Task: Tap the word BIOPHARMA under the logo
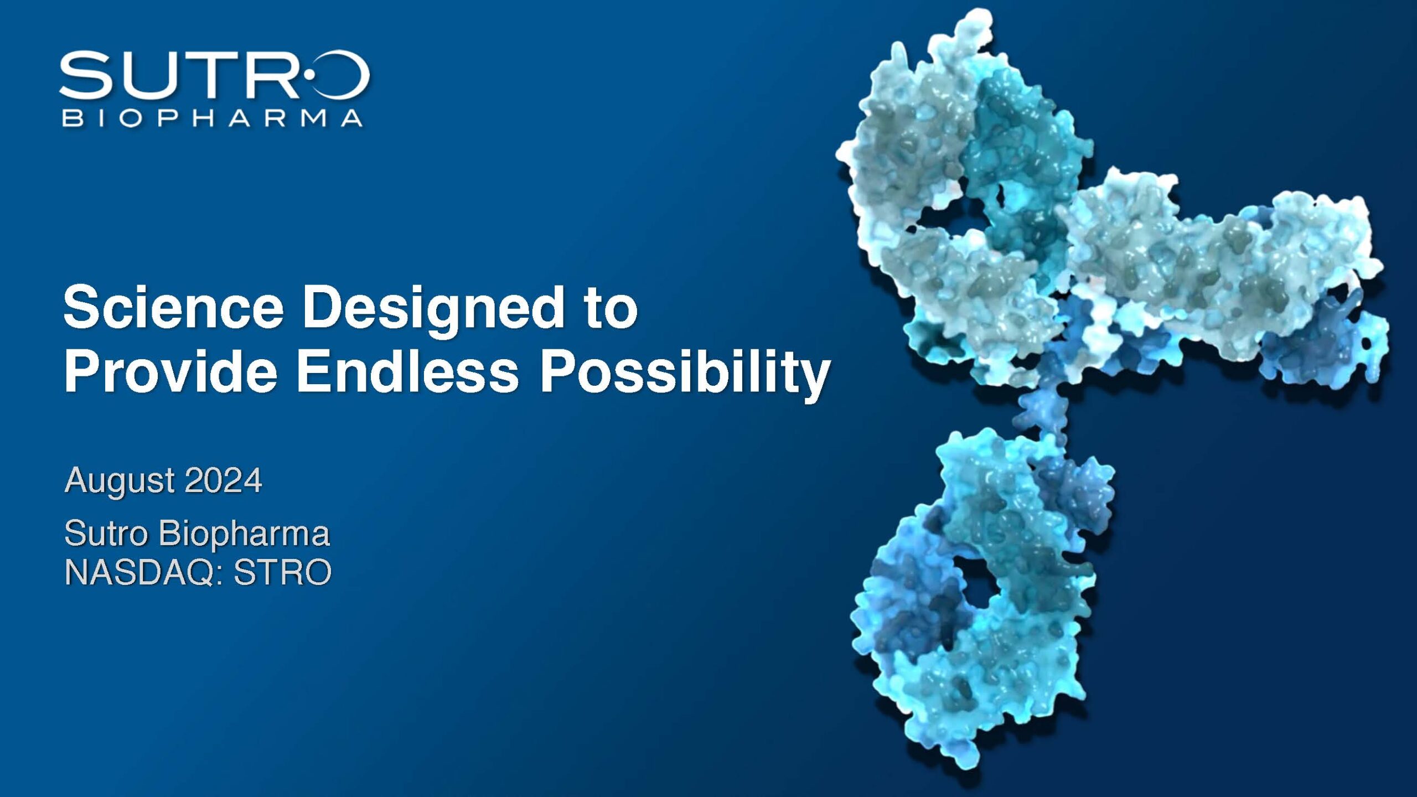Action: point(213,118)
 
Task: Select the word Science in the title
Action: point(173,308)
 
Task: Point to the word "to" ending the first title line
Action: point(612,308)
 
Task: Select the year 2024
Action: point(224,480)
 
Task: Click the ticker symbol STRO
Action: point(282,572)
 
